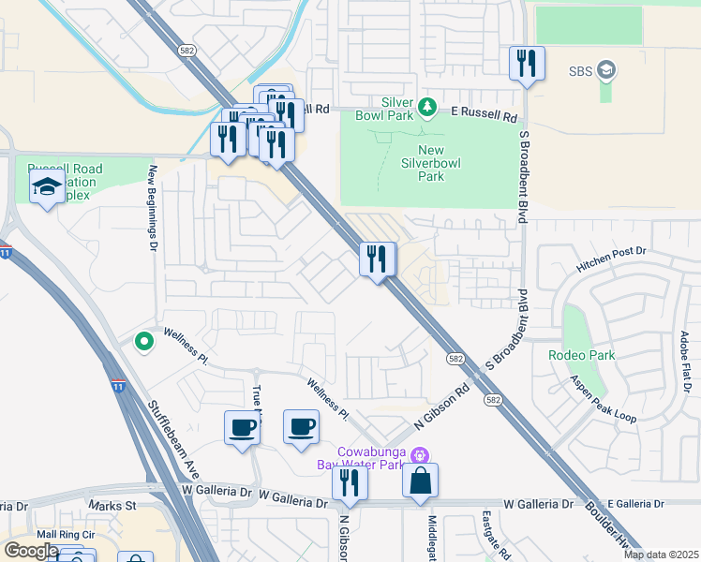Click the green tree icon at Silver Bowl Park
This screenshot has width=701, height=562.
click(427, 107)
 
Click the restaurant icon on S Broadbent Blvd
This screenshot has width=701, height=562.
click(526, 64)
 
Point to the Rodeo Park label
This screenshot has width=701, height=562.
click(581, 355)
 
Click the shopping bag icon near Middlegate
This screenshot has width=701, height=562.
click(420, 481)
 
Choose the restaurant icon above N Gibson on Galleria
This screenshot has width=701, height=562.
click(350, 482)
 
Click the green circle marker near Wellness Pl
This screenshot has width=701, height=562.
click(143, 343)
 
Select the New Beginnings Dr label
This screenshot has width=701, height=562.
click(151, 207)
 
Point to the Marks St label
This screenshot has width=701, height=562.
click(112, 506)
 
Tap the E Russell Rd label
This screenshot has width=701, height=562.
click(485, 115)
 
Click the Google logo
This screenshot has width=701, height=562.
click(30, 551)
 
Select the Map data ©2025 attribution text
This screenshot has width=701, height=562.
click(660, 555)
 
